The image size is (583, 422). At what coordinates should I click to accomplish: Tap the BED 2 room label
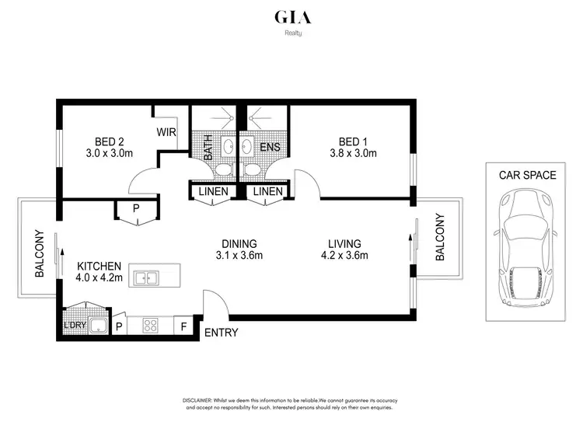click(x=109, y=141)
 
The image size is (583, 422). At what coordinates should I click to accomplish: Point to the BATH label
click(x=208, y=148)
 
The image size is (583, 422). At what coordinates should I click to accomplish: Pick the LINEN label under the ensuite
click(x=267, y=191)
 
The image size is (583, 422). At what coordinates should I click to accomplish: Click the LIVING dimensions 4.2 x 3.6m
click(x=344, y=256)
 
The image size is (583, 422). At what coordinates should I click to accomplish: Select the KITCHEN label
click(x=98, y=264)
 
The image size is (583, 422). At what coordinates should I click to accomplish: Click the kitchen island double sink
click(x=145, y=277)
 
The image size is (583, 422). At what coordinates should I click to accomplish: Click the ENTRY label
click(x=221, y=333)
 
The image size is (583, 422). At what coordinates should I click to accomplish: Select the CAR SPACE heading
click(x=527, y=175)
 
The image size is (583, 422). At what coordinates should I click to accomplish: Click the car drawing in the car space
click(x=527, y=249)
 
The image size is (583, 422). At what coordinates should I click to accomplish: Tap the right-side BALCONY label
click(x=439, y=237)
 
